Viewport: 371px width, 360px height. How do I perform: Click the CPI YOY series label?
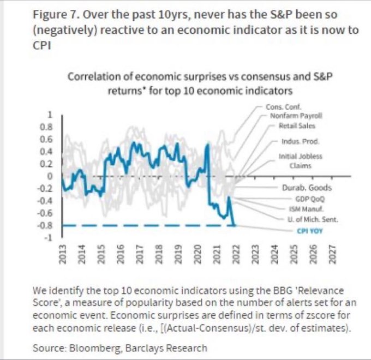click(310, 231)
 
